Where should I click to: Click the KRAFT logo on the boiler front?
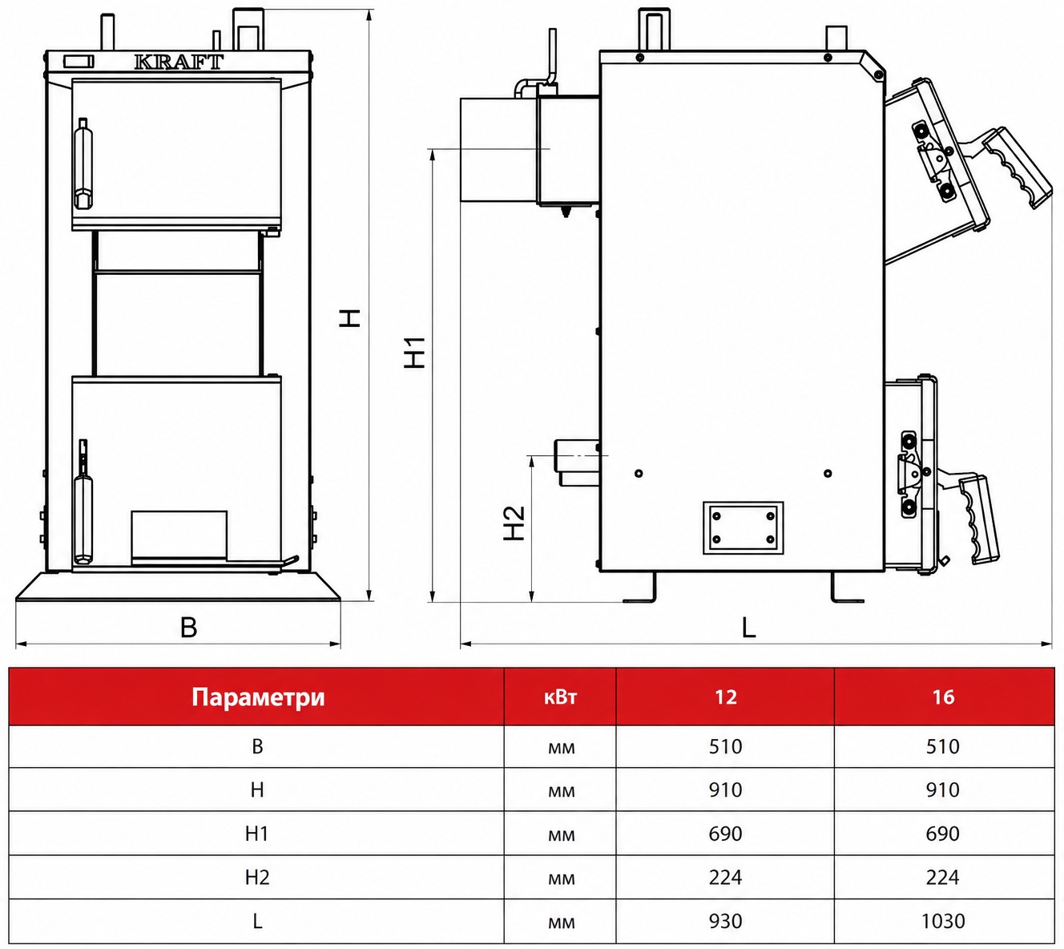[x=179, y=62]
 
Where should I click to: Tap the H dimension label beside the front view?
[x=350, y=318]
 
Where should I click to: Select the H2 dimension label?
[x=514, y=523]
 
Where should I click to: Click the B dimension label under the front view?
[x=188, y=627]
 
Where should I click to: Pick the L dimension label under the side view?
[x=748, y=627]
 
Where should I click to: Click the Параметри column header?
[x=258, y=697]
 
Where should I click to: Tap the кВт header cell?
[x=560, y=697]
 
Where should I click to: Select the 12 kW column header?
[x=726, y=697]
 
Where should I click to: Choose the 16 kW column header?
[x=943, y=697]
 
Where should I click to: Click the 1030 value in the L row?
[x=943, y=921]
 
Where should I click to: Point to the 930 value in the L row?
[x=725, y=921]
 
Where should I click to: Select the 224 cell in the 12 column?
[x=725, y=877]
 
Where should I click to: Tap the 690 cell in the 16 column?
[x=943, y=834]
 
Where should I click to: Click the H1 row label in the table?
[x=257, y=834]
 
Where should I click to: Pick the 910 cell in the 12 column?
[x=725, y=789]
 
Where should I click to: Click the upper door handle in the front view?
[x=83, y=164]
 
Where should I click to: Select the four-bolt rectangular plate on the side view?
[x=744, y=527]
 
